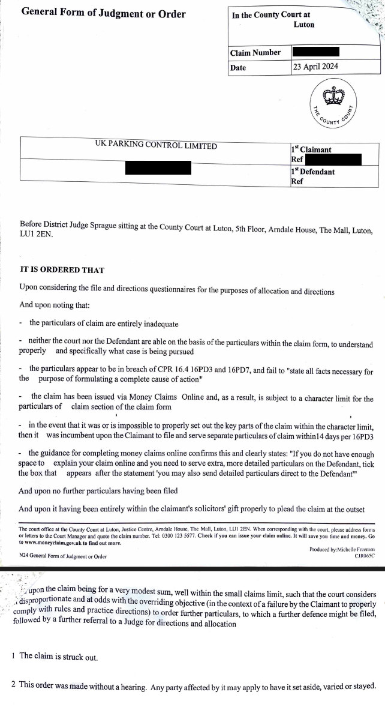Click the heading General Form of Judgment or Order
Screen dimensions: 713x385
(103, 14)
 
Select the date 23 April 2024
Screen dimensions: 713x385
(315, 67)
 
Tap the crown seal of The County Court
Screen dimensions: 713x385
(332, 96)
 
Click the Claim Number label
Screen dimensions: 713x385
(255, 53)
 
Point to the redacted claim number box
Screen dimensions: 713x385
(315, 52)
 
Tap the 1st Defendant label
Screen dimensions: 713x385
(312, 172)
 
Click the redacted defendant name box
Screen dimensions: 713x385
(158, 167)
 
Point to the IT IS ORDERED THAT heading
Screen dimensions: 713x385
(62, 270)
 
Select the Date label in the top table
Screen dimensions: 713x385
(238, 68)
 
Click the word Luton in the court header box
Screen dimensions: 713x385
(303, 25)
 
